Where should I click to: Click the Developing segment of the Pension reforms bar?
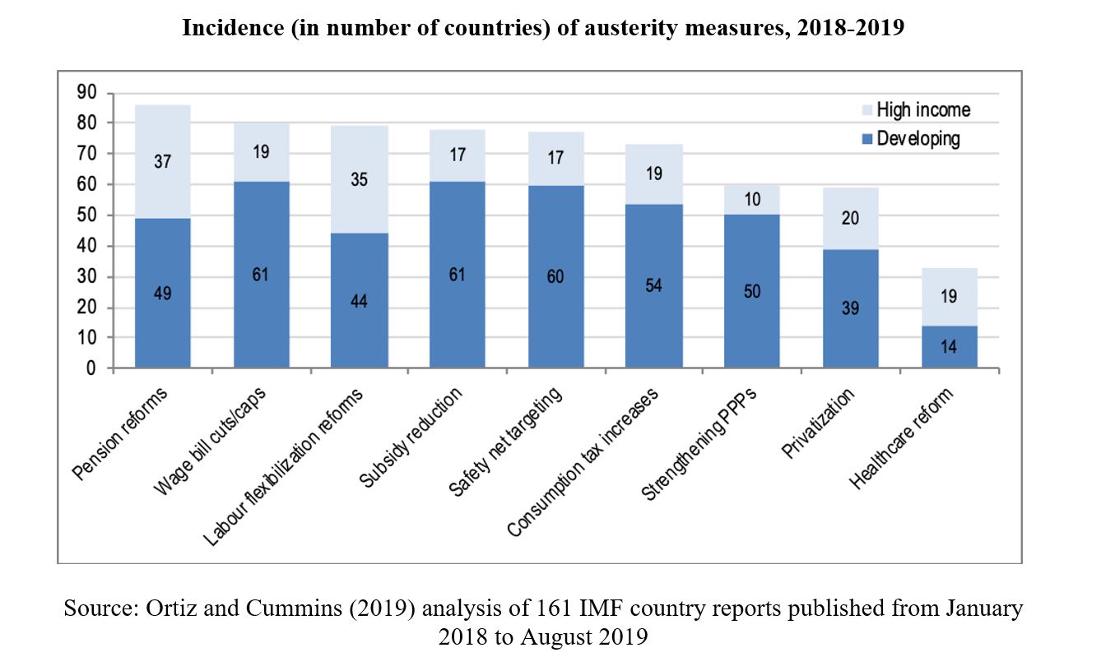(163, 321)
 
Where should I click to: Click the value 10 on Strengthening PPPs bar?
(752, 200)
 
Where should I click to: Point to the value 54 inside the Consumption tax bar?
(654, 285)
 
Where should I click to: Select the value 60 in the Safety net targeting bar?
(555, 277)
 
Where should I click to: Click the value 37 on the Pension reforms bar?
(163, 162)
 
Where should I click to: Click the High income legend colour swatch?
(866, 110)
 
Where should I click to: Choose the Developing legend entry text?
(918, 138)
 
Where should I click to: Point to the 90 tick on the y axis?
(86, 92)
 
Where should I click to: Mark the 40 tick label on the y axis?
(86, 246)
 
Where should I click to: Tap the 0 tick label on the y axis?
(91, 369)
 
